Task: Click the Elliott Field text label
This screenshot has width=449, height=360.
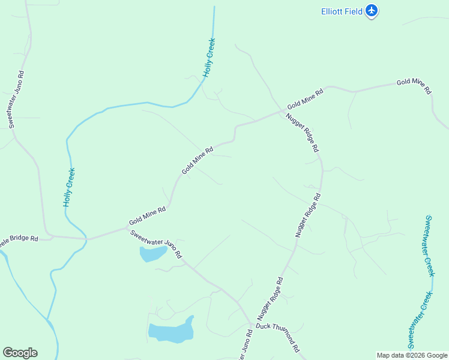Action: (340, 11)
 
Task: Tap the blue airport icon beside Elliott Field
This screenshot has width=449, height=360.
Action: (372, 10)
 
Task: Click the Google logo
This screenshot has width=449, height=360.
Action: (20, 353)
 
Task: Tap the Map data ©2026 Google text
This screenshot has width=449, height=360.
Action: (412, 355)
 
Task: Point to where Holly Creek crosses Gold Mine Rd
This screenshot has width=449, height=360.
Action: (88, 239)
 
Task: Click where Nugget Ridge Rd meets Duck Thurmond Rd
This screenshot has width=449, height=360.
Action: (251, 325)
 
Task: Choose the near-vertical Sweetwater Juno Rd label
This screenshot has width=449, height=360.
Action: (16, 99)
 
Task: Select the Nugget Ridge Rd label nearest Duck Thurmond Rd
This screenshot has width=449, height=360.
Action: (270, 298)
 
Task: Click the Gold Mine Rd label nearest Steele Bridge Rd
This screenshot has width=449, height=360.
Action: (147, 217)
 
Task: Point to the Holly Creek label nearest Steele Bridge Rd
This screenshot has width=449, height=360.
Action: (69, 187)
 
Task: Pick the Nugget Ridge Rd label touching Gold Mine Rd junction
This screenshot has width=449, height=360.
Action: (302, 132)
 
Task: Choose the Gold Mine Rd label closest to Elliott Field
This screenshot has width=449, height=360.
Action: (413, 86)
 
